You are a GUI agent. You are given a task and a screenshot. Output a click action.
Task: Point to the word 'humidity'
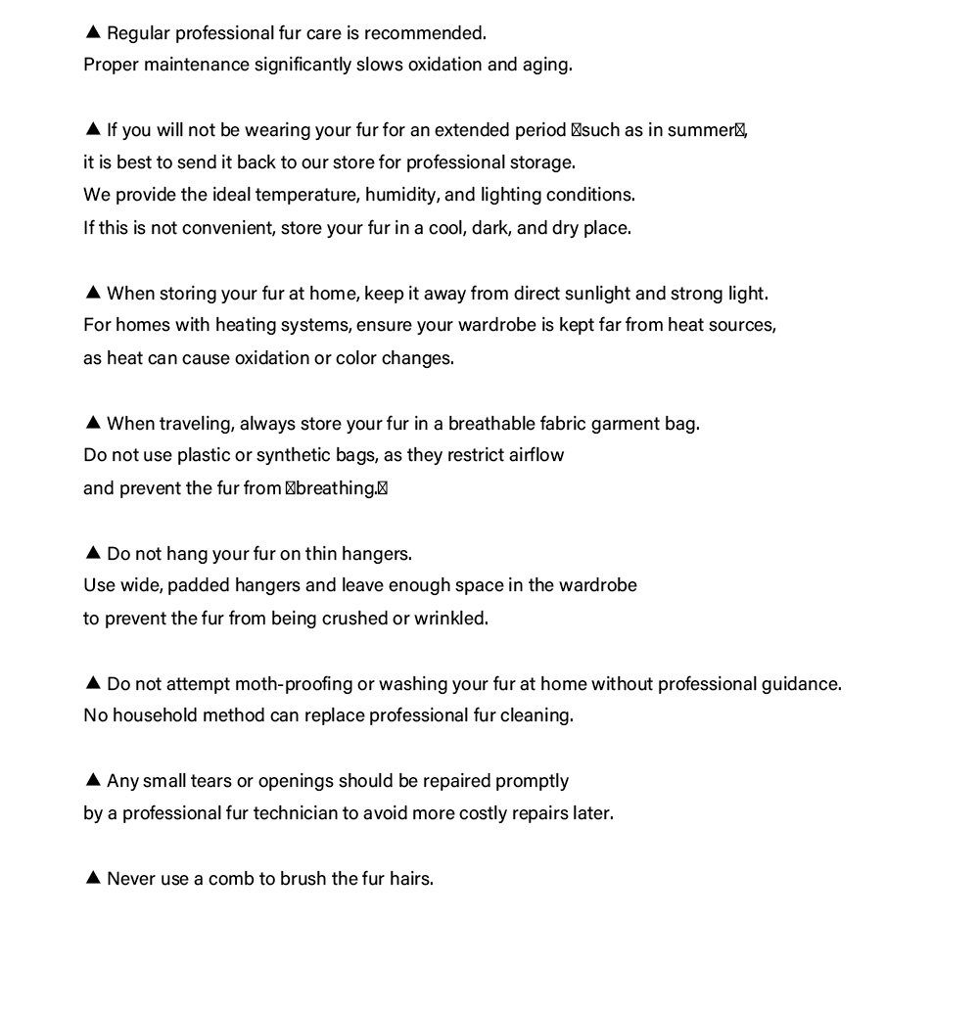pos(401,195)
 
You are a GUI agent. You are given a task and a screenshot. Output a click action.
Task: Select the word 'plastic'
pos(197,455)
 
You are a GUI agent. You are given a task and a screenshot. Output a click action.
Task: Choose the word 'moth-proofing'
pos(284,684)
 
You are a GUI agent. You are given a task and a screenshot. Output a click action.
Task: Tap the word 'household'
pos(155,715)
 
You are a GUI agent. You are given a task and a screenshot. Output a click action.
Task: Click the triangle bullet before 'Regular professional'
pos(93,32)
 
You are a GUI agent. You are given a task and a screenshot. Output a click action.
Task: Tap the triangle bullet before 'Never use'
pos(93,878)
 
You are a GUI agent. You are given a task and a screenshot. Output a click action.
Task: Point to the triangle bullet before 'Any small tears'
pos(93,780)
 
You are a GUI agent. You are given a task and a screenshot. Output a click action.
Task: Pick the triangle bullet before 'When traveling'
pos(93,423)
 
